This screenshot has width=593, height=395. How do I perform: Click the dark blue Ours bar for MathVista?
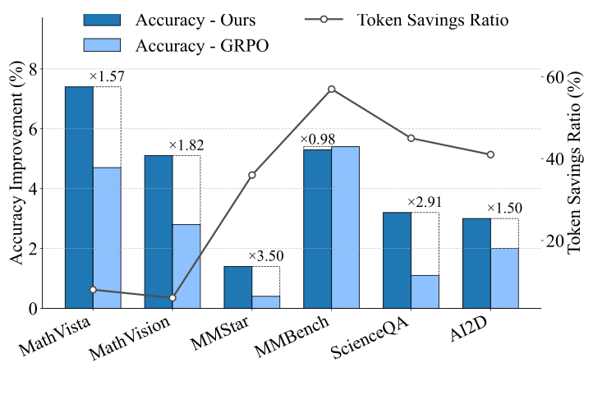pos(79,197)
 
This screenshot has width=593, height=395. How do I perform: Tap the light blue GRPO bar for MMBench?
pos(345,227)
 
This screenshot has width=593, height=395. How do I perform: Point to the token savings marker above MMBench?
pos(332,89)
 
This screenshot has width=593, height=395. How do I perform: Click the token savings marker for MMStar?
pos(252,175)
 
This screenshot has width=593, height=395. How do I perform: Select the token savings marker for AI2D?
pos(490,154)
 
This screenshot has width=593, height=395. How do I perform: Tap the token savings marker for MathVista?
pos(93,289)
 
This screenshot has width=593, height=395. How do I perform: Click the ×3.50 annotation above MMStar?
pos(265,256)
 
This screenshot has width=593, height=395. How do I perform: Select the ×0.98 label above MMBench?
pos(317,139)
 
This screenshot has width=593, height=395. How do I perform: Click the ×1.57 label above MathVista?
pos(106,76)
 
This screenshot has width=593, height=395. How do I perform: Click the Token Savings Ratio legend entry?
pos(433,19)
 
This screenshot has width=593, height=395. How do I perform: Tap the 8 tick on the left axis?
pos(32,69)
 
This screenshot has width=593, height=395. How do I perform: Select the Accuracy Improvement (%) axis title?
pos(16,177)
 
